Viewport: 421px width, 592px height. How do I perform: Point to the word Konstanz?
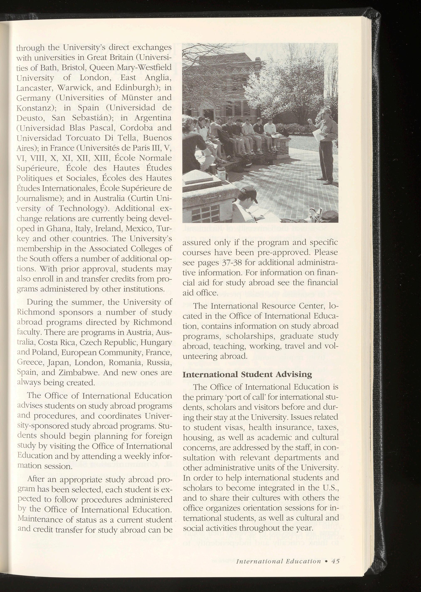tap(35, 108)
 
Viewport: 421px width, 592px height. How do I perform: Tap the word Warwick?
tap(73, 87)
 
